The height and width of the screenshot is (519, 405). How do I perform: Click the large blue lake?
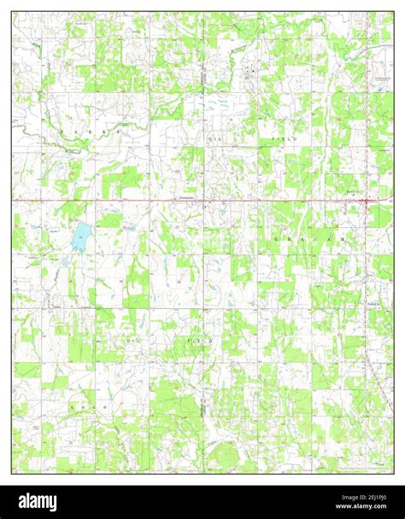coord(79,236)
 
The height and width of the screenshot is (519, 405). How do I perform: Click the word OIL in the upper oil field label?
coord(213,137)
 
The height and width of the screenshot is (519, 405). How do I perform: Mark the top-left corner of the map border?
coord(12,12)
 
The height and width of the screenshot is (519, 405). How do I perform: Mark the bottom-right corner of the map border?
coord(393,473)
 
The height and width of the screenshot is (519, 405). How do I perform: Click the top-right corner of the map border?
coord(393,12)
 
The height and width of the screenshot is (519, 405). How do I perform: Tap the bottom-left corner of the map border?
coord(12,473)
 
